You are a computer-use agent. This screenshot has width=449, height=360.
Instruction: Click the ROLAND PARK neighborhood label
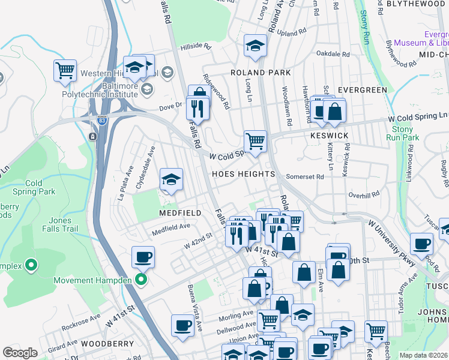coord(261,73)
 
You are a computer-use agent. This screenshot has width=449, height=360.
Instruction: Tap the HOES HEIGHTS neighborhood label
coord(244,174)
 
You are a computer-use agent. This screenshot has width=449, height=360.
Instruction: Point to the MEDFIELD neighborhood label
coord(179,213)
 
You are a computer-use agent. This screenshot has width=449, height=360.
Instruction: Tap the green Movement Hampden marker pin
coord(141,280)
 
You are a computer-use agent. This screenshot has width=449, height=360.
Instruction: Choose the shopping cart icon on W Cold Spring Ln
coord(255,141)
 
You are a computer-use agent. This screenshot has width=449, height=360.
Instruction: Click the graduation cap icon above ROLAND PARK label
coord(255,46)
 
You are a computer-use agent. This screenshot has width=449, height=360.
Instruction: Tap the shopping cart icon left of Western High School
coord(65,70)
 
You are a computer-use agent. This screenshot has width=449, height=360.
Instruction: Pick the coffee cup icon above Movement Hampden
coord(143,257)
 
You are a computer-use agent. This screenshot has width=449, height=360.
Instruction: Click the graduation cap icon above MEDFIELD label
coord(171,179)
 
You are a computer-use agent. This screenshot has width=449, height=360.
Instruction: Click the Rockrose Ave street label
coord(83,317)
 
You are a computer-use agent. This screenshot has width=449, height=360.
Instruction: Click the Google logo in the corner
coord(20,353)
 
